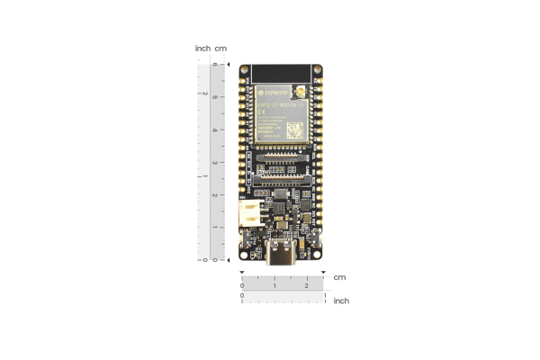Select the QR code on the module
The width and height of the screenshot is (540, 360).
click(295, 130)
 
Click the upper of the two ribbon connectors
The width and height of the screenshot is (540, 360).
click(283, 158)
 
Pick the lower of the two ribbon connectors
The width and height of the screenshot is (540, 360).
click(283, 178)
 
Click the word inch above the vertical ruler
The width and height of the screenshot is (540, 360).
click(202, 48)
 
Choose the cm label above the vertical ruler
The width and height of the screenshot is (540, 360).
click(220, 48)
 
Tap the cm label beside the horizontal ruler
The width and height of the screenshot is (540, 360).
click(339, 277)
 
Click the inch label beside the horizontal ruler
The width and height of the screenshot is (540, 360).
click(341, 301)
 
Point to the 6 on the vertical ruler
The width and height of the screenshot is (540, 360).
click(214, 66)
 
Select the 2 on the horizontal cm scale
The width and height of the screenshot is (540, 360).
click(307, 286)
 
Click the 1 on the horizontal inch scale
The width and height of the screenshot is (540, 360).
click(324, 294)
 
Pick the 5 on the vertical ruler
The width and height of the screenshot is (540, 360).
click(214, 97)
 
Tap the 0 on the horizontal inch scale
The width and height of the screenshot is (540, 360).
click(242, 294)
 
